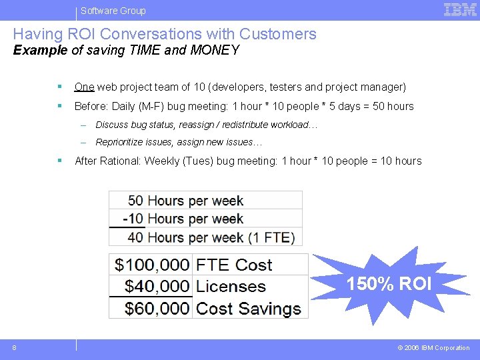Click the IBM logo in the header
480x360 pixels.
[x=460, y=9]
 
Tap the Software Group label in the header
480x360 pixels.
[x=113, y=11]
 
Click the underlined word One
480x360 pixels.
[x=84, y=87]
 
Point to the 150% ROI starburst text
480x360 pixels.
[x=389, y=285]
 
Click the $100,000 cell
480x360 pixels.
[x=152, y=265]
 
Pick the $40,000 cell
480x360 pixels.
[x=152, y=287]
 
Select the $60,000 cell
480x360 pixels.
[x=152, y=309]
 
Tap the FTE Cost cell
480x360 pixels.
[x=234, y=265]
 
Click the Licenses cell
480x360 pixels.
[x=231, y=287]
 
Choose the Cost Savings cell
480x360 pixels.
[x=249, y=309]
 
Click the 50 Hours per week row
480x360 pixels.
[x=185, y=201]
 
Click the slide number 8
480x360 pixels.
[x=14, y=347]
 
